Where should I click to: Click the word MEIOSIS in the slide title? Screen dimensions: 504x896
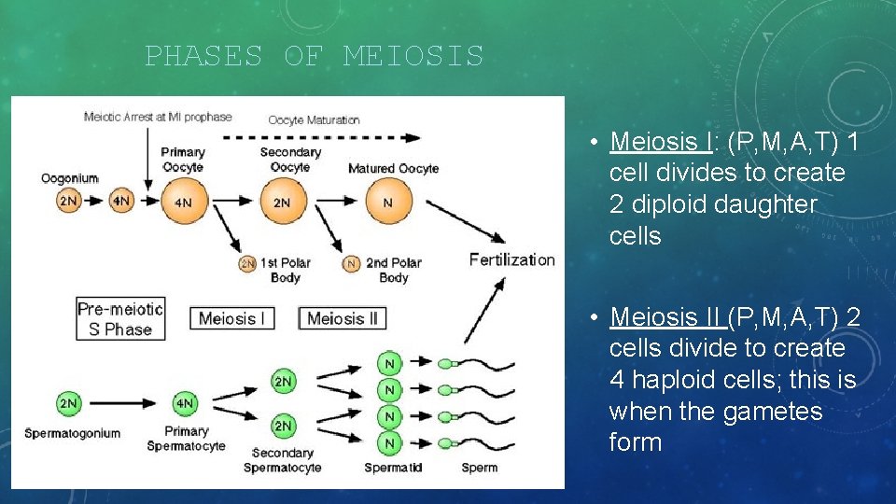(x=413, y=57)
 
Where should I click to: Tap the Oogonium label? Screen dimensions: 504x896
(x=69, y=178)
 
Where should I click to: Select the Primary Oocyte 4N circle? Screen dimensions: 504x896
(x=183, y=203)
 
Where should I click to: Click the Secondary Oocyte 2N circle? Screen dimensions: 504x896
(x=281, y=203)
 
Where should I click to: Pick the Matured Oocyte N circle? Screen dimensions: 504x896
(x=387, y=203)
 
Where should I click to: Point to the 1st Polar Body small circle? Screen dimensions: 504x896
(x=247, y=264)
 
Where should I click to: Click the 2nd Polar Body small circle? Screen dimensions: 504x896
(x=352, y=264)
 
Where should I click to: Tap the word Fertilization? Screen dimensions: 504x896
(x=511, y=259)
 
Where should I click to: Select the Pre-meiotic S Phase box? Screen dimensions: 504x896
(x=120, y=319)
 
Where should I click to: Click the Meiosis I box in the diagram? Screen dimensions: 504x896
(x=232, y=318)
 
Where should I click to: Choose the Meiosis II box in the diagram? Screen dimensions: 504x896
(x=342, y=318)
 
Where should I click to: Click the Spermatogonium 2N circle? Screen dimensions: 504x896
(x=68, y=403)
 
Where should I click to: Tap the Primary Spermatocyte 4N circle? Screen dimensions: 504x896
(x=185, y=403)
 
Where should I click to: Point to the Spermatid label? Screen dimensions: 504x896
(x=393, y=468)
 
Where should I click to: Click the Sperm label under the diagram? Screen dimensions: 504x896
(x=480, y=468)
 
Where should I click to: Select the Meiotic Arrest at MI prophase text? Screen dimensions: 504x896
(x=158, y=118)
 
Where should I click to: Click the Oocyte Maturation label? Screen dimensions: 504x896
(x=314, y=119)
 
